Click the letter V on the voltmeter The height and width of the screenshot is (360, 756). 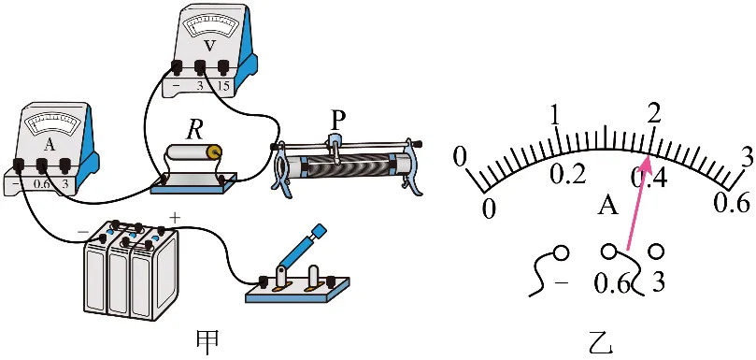coord(208,46)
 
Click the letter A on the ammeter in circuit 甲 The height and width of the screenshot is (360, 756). coord(50,144)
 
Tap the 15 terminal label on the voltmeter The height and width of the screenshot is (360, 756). coord(223,88)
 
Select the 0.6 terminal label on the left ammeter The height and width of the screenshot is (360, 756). coord(41,184)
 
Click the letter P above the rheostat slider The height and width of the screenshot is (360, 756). coord(337,122)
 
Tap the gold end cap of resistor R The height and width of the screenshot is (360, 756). coord(214,152)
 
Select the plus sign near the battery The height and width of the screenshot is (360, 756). coord(175,218)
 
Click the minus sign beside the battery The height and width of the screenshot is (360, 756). coord(83,232)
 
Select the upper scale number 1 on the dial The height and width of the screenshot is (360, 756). coord(555,114)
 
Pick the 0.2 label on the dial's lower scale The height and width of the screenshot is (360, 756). coord(568,176)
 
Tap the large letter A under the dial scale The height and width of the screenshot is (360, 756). coord(608,206)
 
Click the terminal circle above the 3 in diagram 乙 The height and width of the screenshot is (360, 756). coord(656,251)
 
